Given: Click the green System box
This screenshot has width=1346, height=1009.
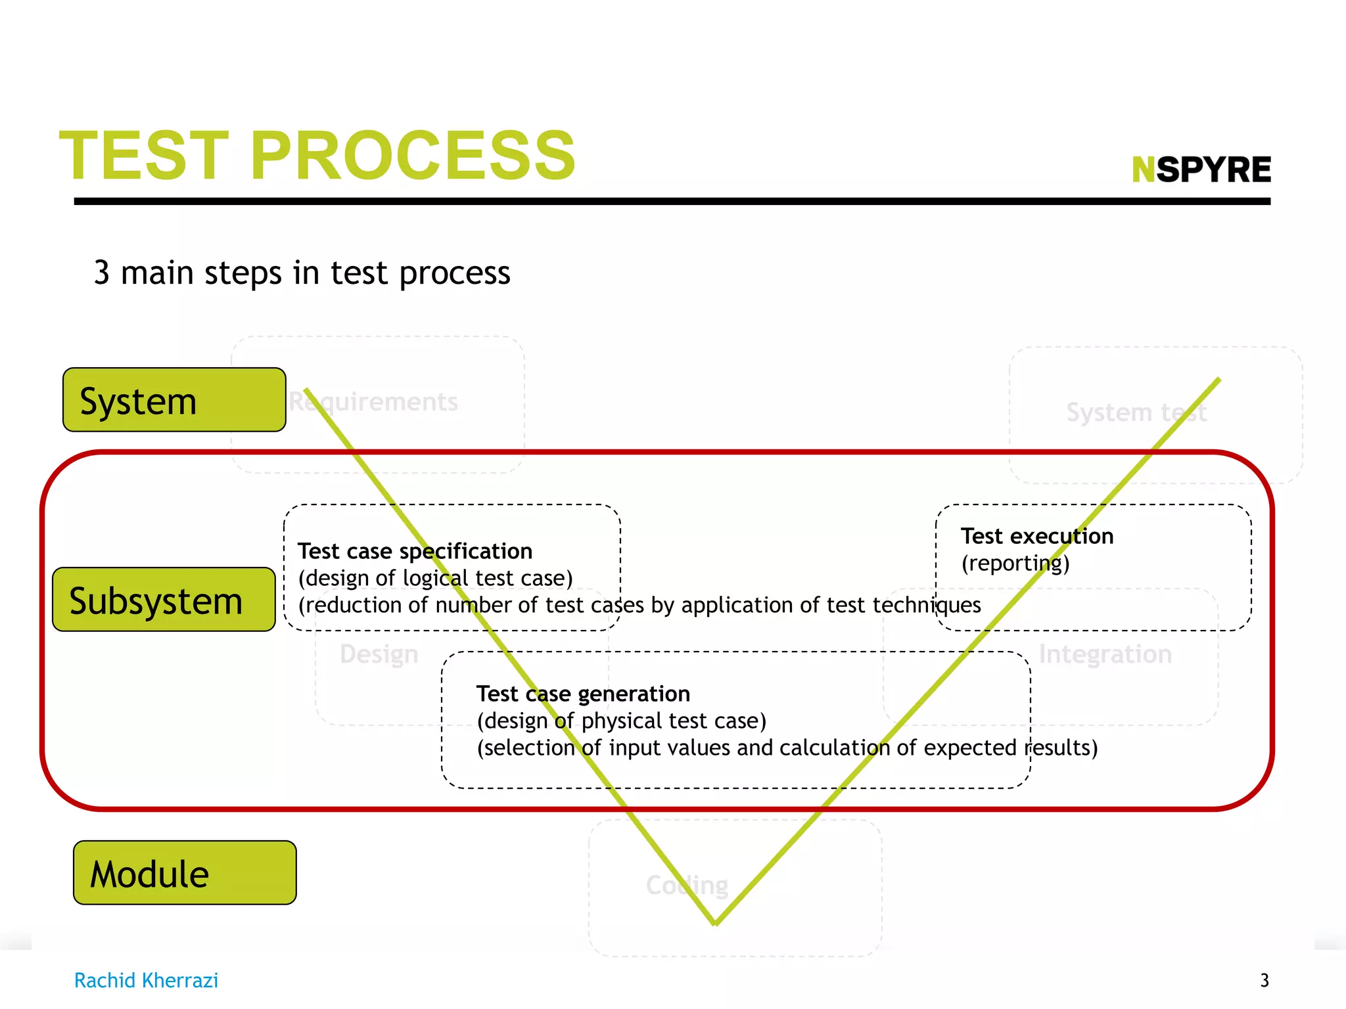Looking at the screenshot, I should (174, 400).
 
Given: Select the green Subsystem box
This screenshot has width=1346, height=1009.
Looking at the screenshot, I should (164, 600).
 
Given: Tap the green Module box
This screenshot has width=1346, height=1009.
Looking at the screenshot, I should (185, 873).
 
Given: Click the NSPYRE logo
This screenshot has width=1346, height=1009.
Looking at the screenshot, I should (1201, 169).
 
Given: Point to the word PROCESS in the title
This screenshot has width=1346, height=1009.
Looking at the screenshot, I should (413, 156).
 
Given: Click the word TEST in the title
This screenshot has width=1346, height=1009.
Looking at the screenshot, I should (145, 156).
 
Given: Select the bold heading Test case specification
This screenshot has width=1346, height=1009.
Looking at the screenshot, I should (415, 551).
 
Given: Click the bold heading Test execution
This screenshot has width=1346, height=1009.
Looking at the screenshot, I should (1037, 536).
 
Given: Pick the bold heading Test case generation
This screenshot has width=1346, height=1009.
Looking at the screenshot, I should (583, 694).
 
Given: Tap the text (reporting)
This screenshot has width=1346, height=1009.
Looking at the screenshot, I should (1015, 564).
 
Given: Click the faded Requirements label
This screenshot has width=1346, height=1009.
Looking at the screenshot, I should (373, 402).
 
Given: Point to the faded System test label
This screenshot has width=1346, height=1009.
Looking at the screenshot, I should (1136, 413).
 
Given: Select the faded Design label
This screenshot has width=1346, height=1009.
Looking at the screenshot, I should (379, 654).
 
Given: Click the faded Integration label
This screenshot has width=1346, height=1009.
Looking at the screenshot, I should (1105, 654).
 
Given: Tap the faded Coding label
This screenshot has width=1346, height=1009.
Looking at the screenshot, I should (687, 886).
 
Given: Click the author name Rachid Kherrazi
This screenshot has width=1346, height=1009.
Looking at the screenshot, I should (146, 980).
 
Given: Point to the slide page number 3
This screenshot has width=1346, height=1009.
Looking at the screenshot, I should (1265, 980).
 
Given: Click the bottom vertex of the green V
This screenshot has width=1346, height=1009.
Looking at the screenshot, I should (715, 922).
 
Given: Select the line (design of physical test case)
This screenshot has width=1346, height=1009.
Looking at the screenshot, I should (622, 721).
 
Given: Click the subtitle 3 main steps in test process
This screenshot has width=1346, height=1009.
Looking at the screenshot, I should (302, 273).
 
